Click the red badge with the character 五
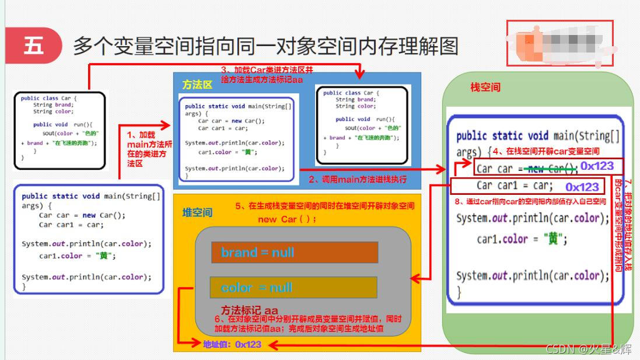[33, 46]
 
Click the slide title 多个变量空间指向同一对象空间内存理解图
[265, 46]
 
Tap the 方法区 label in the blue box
[197, 85]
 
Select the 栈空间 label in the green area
[485, 88]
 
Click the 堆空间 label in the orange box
[197, 213]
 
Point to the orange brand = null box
[295, 253]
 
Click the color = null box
[293, 288]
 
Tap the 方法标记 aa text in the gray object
[249, 310]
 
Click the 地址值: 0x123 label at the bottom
[232, 344]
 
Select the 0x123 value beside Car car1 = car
[582, 187]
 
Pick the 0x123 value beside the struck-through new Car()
[597, 166]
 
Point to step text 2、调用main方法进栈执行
[357, 179]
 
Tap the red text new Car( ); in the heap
[287, 219]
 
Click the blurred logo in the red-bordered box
[559, 42]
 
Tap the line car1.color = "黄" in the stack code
[522, 239]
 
